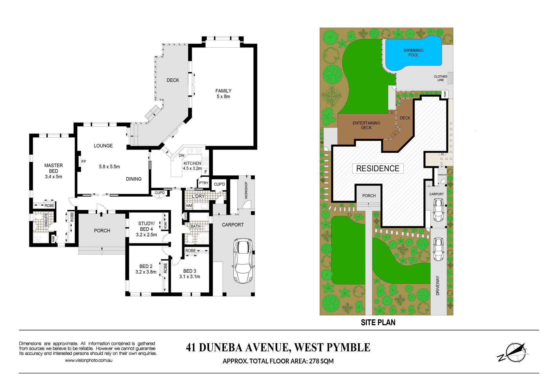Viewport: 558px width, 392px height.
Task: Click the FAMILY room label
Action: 223,91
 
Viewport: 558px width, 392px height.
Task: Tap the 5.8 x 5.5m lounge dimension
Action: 109,167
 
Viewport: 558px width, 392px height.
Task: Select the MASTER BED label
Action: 53,168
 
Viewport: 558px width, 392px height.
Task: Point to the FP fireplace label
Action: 84,161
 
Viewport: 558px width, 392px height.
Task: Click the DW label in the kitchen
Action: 181,156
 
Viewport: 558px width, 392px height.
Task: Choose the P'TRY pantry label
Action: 203,183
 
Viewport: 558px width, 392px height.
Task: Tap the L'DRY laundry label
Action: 198,196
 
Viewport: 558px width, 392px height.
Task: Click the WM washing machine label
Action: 189,206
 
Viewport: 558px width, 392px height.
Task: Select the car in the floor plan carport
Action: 243,261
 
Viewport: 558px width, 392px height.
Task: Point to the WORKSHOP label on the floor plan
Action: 246,190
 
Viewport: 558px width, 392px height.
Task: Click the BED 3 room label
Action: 189,271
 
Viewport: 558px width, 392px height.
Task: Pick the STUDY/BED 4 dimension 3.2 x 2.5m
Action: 146,235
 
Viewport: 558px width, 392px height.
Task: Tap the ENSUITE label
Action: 46,220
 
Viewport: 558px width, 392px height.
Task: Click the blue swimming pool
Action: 413,54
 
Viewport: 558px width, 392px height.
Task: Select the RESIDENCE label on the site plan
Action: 378,168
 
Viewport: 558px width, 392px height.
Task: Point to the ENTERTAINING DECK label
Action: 366,125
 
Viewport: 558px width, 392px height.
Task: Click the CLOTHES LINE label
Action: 441,78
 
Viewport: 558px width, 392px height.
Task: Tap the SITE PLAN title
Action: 378,323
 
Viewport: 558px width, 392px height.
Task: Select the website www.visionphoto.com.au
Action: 89,360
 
